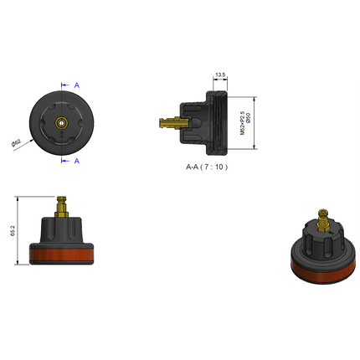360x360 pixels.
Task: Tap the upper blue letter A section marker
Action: coord(77,85)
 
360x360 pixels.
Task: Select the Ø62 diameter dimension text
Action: coord(16,143)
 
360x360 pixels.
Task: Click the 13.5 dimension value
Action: coord(221,75)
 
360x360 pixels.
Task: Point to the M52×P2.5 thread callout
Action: coord(241,121)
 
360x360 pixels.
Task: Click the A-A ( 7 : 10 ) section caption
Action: coord(207,167)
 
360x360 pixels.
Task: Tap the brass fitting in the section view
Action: coord(172,124)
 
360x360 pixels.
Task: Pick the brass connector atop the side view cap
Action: coord(61,205)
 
